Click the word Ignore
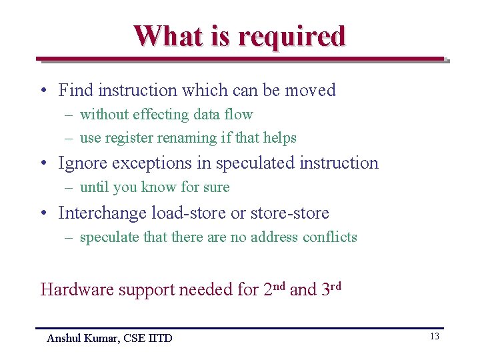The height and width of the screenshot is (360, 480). click(x=84, y=163)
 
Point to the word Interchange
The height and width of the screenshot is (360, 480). click(x=103, y=213)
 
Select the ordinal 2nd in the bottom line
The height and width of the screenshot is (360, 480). click(x=274, y=289)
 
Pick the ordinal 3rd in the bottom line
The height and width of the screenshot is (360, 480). click(x=331, y=289)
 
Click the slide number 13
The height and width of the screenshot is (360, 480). click(x=434, y=337)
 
